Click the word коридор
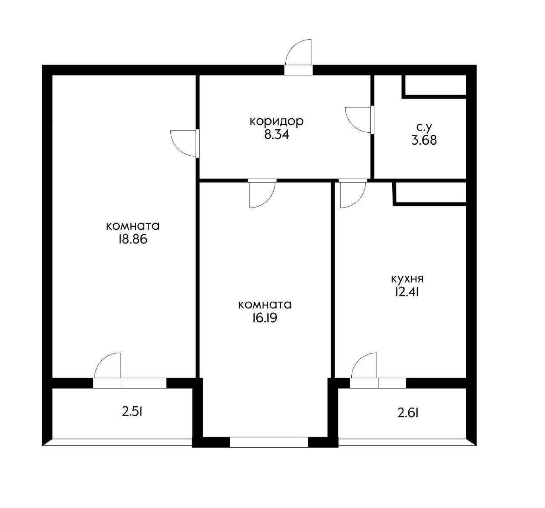[x=276, y=121]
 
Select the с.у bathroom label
[x=424, y=126]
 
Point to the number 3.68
[x=424, y=140]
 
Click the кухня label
[x=407, y=279]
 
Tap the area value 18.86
[x=132, y=240]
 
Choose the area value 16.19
[x=265, y=318]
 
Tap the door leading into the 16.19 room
[x=261, y=194]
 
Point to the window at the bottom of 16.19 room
[x=269, y=442]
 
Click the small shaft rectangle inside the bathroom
[x=434, y=85]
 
